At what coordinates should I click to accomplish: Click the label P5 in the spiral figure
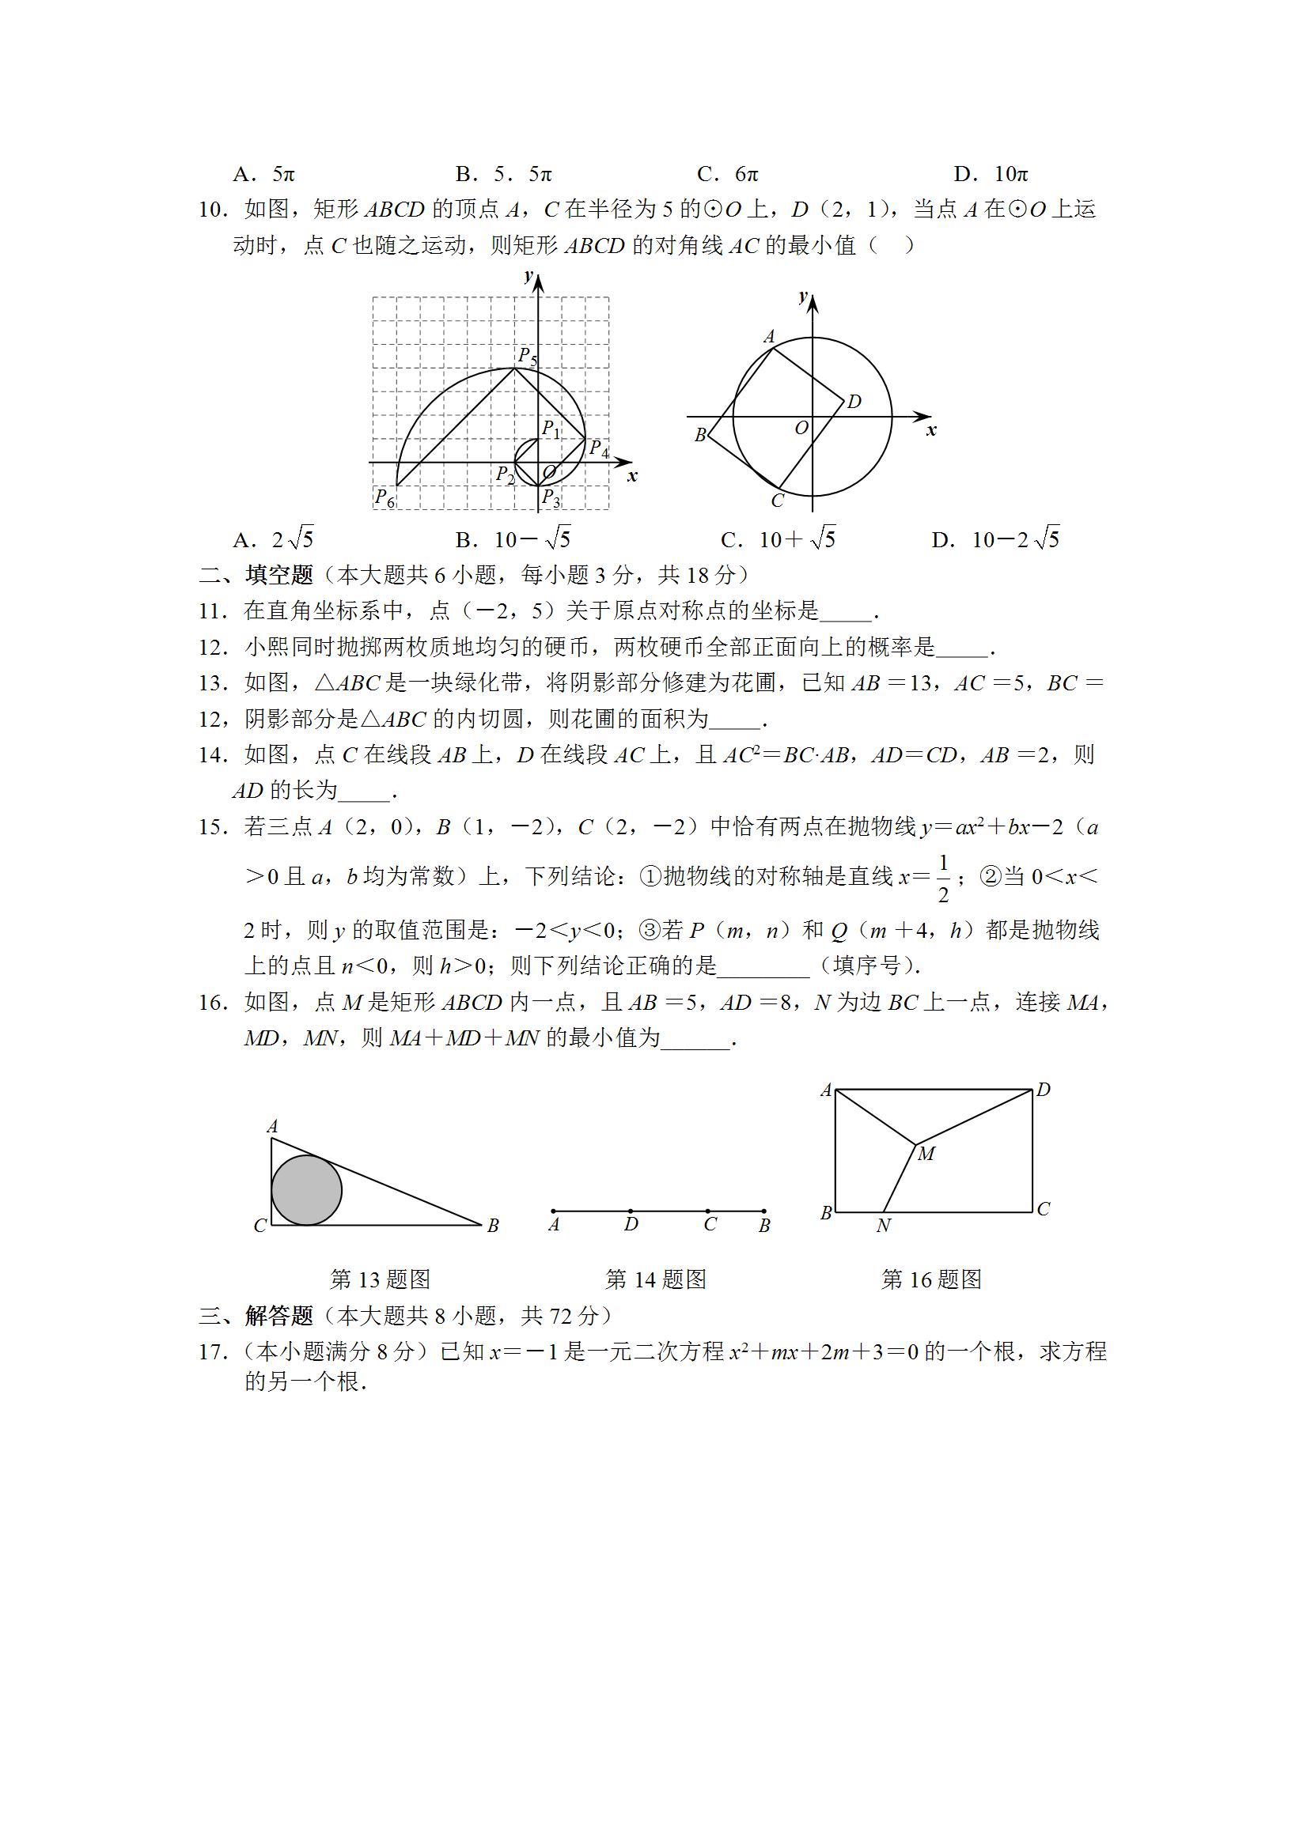(x=527, y=356)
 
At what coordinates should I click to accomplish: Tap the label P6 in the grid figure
(x=385, y=498)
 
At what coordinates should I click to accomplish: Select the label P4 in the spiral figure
(x=598, y=449)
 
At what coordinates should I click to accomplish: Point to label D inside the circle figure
(x=854, y=401)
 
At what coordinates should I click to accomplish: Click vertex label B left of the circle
(x=700, y=435)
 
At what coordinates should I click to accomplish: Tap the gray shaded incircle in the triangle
(x=306, y=1190)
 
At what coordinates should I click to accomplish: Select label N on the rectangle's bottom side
(x=884, y=1226)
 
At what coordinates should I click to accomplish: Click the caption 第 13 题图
(x=380, y=1279)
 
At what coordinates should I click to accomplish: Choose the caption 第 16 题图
(x=931, y=1279)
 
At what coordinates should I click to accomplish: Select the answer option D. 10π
(x=991, y=174)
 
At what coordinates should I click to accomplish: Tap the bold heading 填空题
(x=279, y=575)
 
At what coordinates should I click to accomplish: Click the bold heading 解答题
(x=279, y=1316)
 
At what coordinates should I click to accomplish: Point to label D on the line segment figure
(x=631, y=1224)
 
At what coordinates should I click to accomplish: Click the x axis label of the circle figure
(x=931, y=431)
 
